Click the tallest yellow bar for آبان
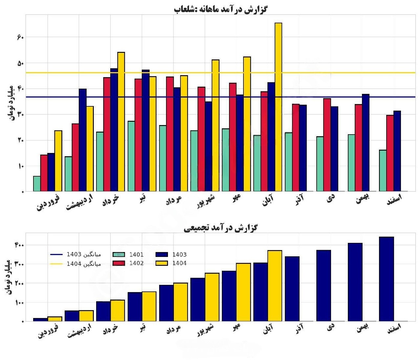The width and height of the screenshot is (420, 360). coord(278,107)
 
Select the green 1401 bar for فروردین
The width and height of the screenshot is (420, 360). coord(37,184)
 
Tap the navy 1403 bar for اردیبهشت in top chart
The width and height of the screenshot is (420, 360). coord(83,140)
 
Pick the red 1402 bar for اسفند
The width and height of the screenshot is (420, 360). coord(390,153)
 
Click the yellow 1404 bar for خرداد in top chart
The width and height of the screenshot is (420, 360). coord(121,122)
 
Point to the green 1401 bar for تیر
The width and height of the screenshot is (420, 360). coord(131,156)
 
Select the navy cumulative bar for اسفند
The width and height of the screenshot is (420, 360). coord(386,279)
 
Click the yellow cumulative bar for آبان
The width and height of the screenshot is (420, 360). coord(275,286)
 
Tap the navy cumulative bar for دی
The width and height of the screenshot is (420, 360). coord(324,286)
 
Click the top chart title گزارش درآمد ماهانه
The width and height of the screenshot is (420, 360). coord(220,9)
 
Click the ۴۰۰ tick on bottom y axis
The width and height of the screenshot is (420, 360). coord(19,245)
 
